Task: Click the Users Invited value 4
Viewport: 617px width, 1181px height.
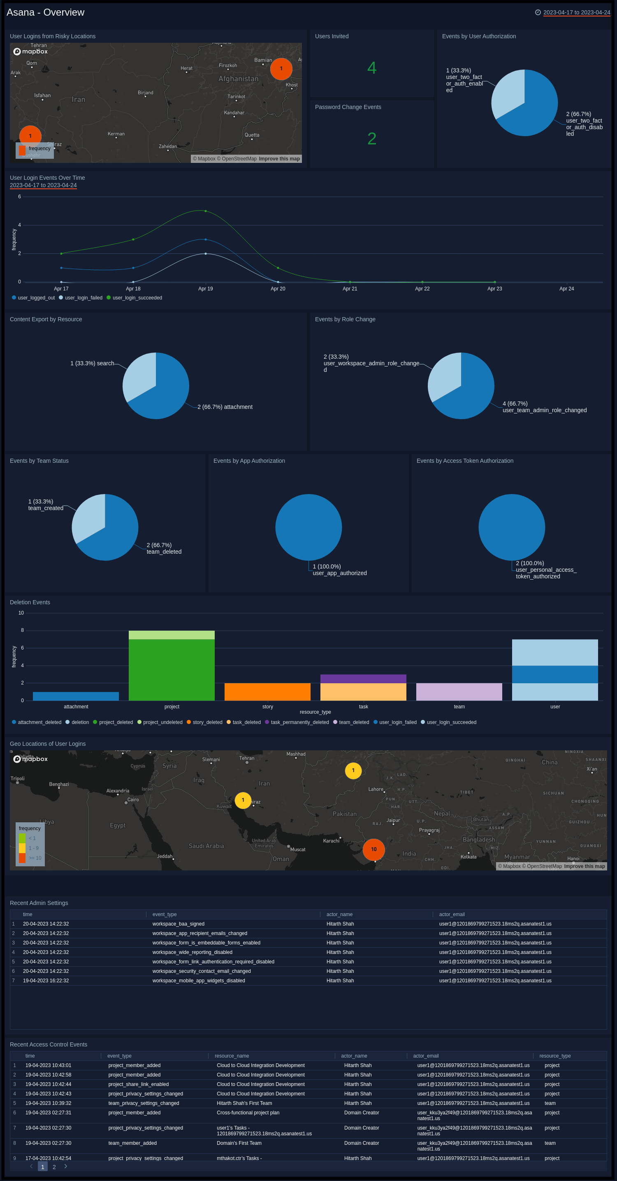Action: click(371, 68)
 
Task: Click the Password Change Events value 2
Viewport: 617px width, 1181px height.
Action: click(371, 139)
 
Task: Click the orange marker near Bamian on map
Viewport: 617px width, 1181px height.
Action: click(281, 69)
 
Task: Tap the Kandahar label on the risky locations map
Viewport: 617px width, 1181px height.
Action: click(234, 113)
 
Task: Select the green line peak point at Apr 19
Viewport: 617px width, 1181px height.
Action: click(205, 211)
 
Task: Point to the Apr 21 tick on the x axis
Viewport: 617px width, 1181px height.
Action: click(350, 288)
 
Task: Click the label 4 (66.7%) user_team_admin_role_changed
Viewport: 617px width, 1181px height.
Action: click(544, 407)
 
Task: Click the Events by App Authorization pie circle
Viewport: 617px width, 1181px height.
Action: click(308, 527)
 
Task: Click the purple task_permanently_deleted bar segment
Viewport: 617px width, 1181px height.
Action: click(363, 678)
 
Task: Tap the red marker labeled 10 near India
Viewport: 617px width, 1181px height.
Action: click(373, 849)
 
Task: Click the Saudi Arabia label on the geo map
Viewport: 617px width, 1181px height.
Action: click(206, 846)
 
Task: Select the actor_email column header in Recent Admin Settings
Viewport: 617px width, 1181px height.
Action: click(452, 914)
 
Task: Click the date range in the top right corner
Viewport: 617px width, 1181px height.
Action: click(576, 12)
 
